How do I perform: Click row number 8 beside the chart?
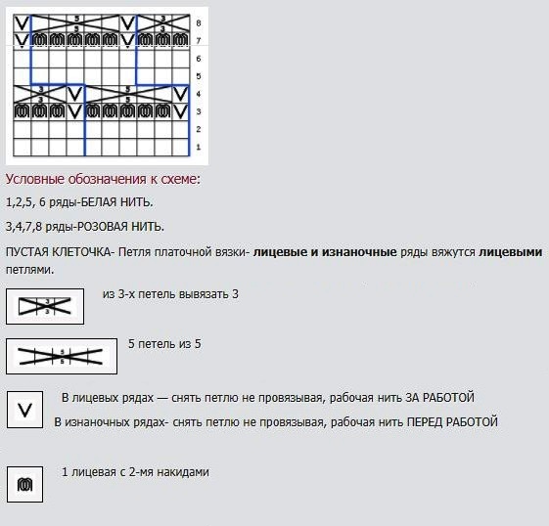199,23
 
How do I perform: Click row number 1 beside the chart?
199,147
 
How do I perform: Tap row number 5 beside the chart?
199,76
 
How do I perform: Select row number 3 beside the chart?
199,111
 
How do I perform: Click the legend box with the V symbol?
24,410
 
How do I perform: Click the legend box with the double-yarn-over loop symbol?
24,484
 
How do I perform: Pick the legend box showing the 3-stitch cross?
45,306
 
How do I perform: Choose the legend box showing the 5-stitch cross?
62,356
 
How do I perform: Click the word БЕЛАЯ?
99,202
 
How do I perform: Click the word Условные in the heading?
35,179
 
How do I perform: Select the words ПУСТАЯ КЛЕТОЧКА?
58,252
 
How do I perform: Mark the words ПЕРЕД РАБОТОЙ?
452,422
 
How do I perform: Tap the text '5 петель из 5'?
164,344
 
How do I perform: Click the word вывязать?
204,294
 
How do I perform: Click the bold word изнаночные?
359,252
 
